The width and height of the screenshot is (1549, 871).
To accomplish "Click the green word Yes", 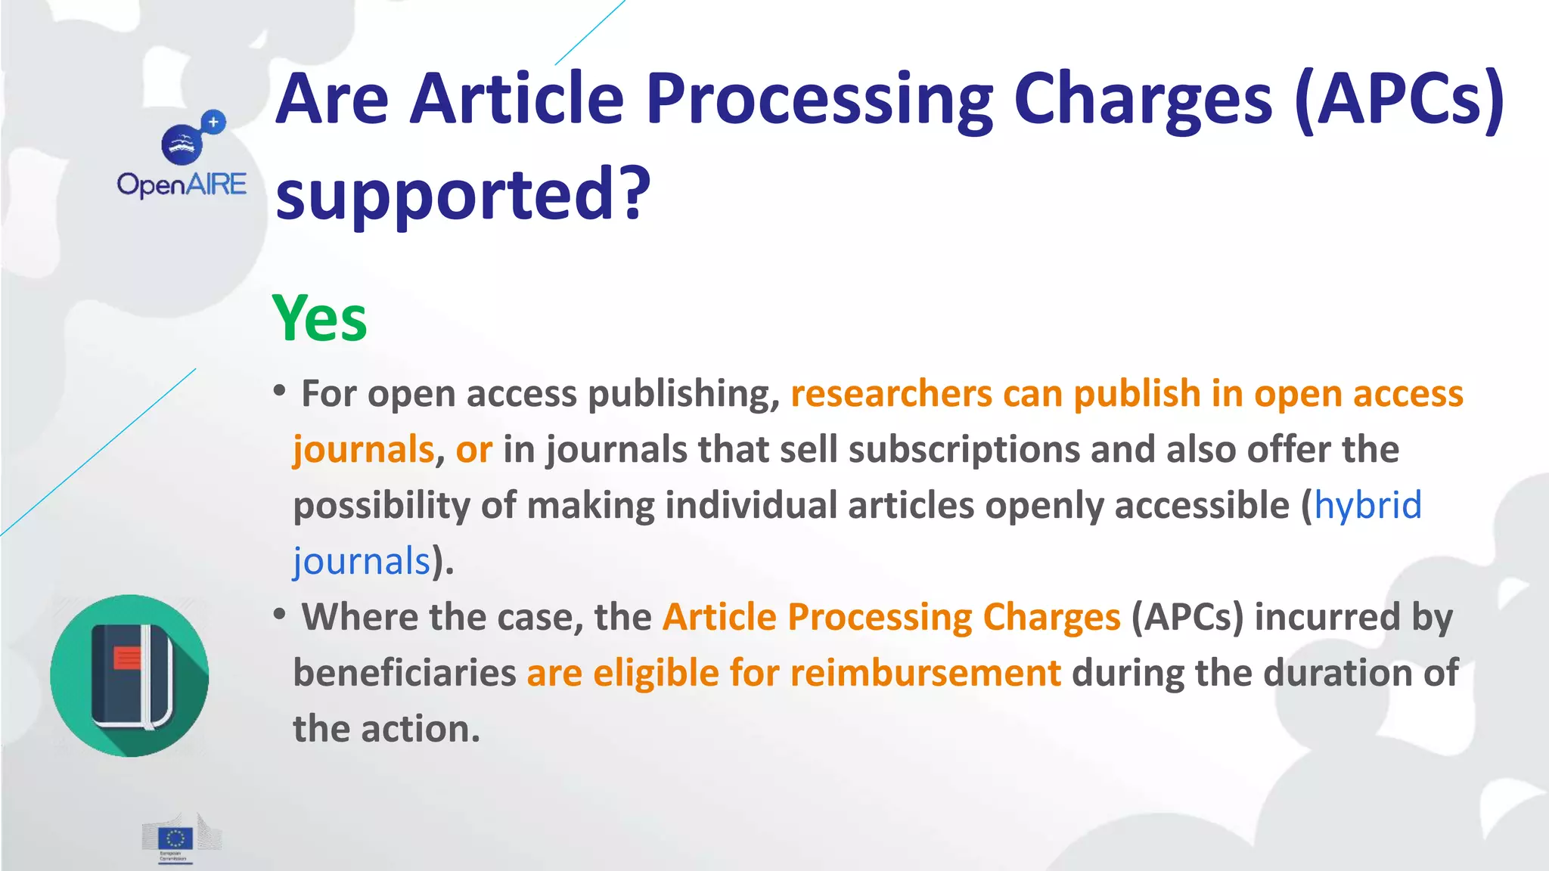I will [x=319, y=319].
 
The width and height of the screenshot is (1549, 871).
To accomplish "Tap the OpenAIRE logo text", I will [x=182, y=185].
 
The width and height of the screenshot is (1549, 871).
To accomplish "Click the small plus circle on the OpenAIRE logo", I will [x=214, y=122].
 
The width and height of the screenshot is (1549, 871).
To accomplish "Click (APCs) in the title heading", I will [x=1399, y=100].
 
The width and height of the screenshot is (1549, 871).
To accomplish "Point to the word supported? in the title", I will [x=463, y=195].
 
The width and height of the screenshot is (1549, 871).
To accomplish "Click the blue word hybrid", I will [x=1367, y=505].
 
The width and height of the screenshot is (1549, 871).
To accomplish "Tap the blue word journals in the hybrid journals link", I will [x=362, y=561].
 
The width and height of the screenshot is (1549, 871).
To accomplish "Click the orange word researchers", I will [x=892, y=394].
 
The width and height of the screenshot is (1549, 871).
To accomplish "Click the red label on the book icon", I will [x=127, y=657].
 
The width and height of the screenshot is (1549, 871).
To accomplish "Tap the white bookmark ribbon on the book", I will [x=147, y=677].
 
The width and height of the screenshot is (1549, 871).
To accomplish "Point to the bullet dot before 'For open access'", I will [x=280, y=391].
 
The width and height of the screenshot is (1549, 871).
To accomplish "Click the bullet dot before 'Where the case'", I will [x=280, y=614].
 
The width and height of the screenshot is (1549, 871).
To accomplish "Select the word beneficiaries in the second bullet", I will [x=405, y=673].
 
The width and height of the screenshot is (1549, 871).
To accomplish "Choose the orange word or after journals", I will [x=473, y=450].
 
